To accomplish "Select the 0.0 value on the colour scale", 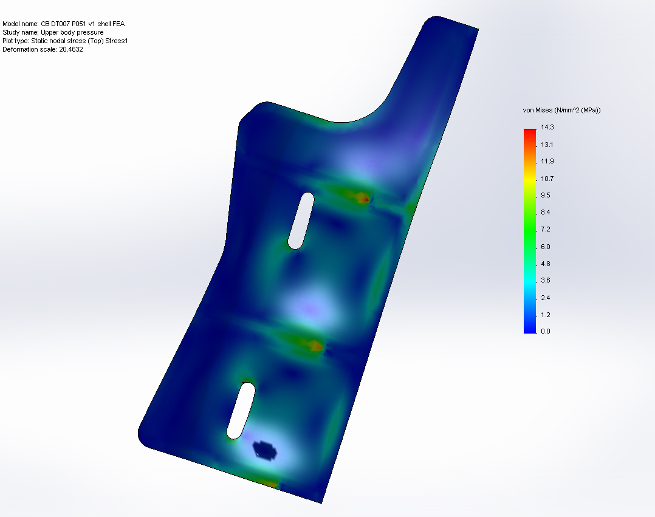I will [545, 331].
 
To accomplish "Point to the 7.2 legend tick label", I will [545, 229].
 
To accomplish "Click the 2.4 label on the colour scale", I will [545, 297].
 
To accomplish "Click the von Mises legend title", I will [562, 110].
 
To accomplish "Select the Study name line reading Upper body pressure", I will [53, 32].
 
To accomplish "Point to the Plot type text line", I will [65, 41].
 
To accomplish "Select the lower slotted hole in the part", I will [241, 411].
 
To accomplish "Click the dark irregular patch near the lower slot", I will [265, 450].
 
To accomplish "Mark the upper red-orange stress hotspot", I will [363, 197].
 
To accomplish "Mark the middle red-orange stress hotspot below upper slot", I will [315, 346].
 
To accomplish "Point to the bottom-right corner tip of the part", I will [321, 502].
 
